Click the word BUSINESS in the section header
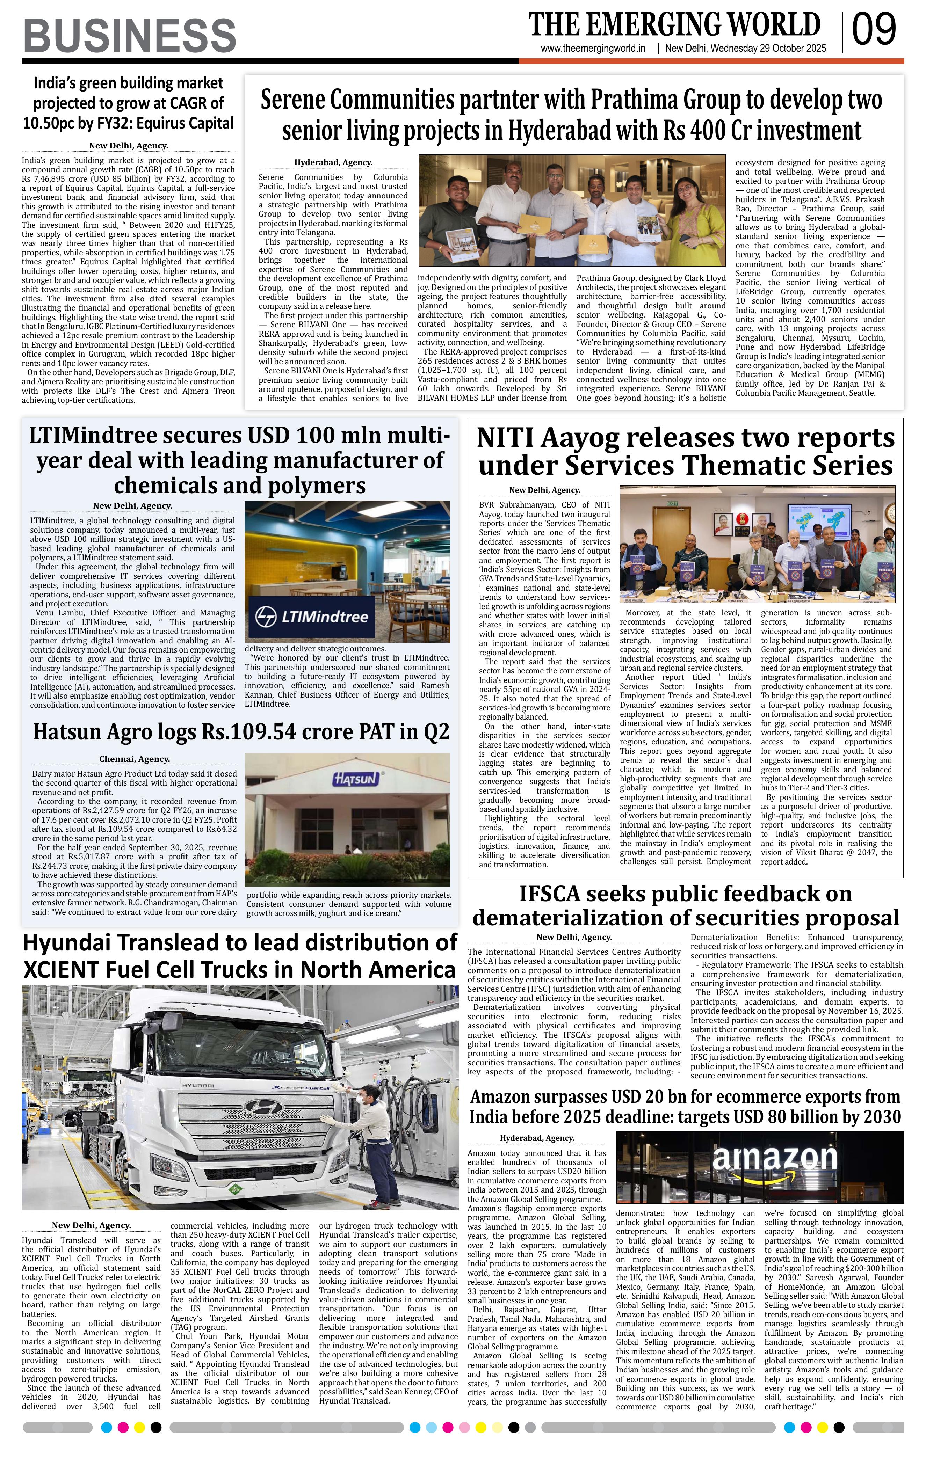pyautogui.click(x=130, y=36)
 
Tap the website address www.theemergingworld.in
pyautogui.click(x=593, y=49)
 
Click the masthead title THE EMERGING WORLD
pyautogui.click(x=674, y=25)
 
